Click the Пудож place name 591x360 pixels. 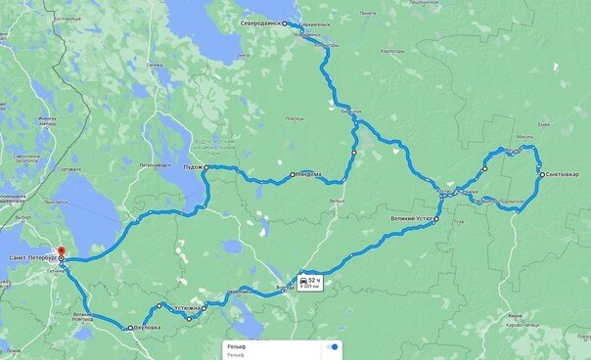tap(193, 168)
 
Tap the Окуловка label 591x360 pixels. tap(146, 328)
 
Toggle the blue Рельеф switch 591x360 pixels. tap(333, 346)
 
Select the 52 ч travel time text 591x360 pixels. tap(314, 279)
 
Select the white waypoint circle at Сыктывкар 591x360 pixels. tap(540, 174)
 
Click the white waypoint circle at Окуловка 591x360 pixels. tap(130, 328)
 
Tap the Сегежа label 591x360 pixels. tap(153, 66)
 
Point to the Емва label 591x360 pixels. tap(555, 125)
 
